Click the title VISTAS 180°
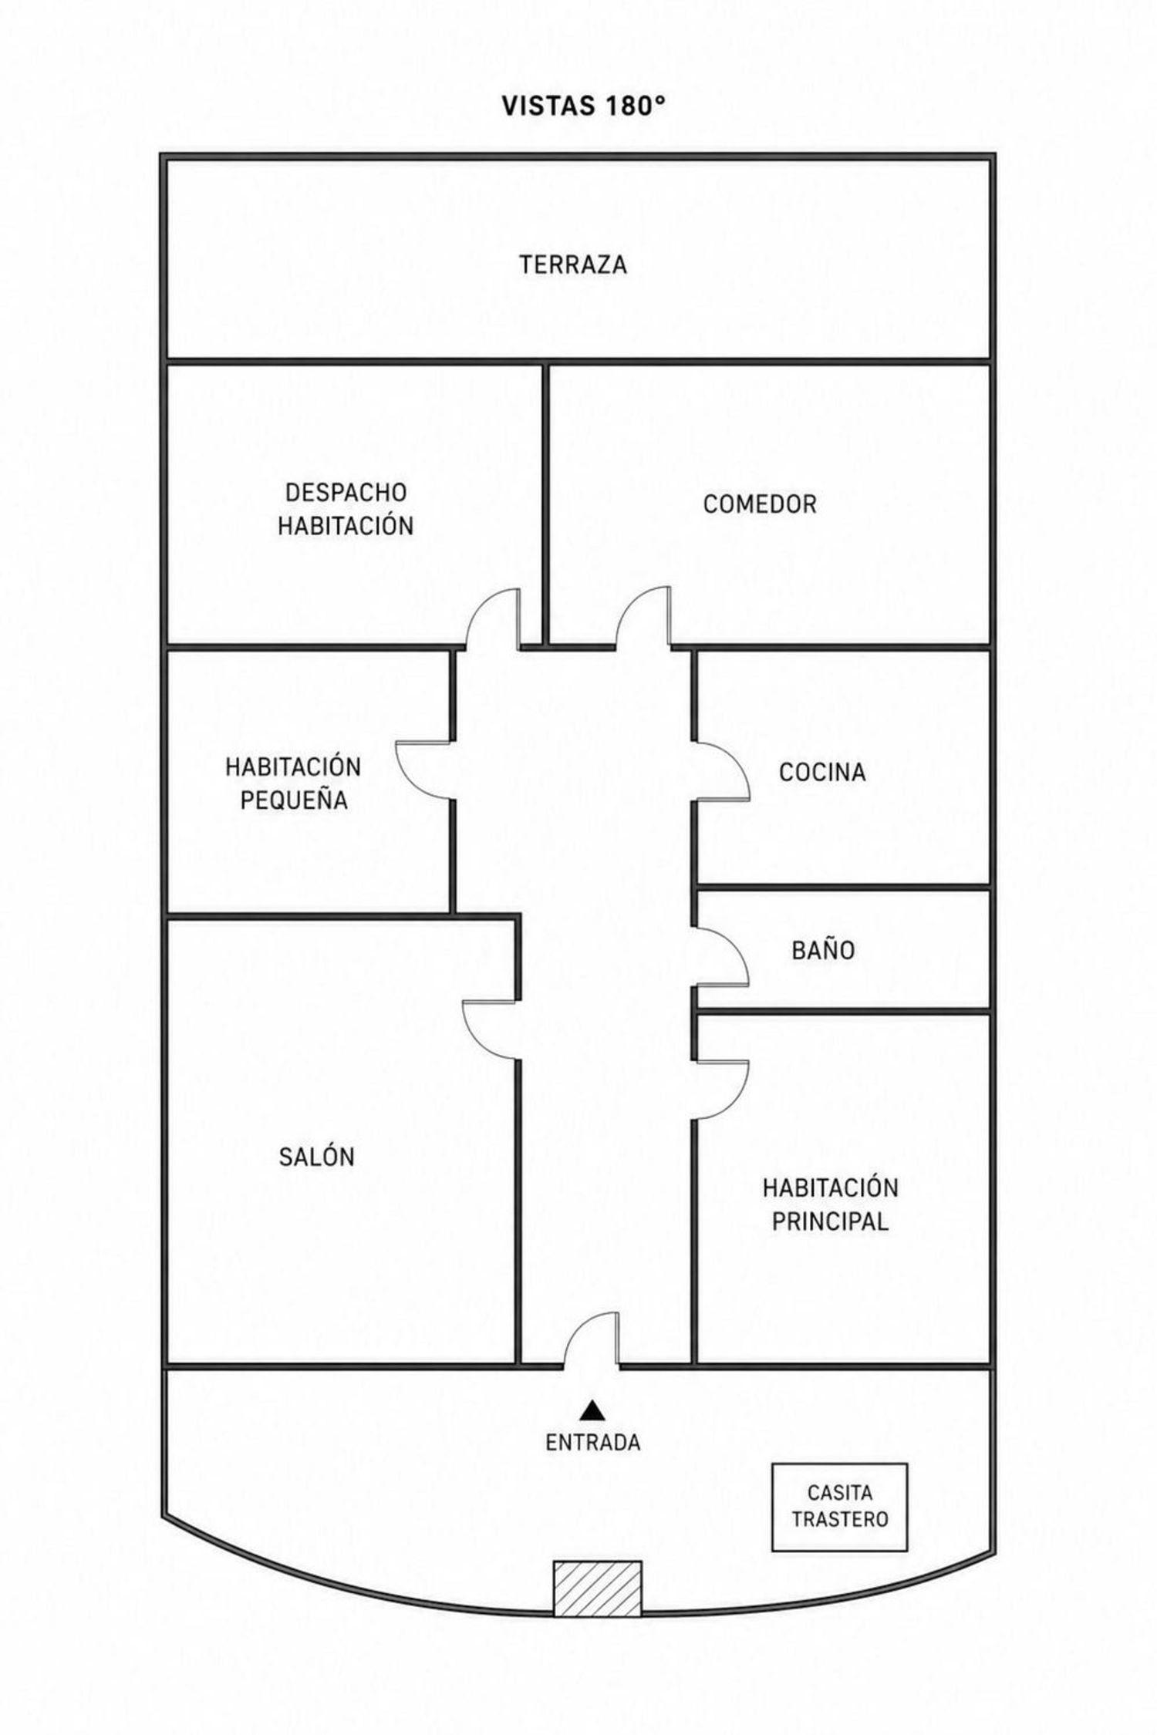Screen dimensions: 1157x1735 pyautogui.click(x=583, y=106)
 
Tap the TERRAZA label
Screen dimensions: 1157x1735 pyautogui.click(x=573, y=264)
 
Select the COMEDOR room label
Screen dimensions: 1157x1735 pyautogui.click(x=760, y=504)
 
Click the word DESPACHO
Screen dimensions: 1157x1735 pyautogui.click(x=346, y=492)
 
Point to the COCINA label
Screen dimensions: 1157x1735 pyautogui.click(x=822, y=772)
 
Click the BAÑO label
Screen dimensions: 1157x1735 pyautogui.click(x=823, y=950)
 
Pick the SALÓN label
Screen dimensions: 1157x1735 pyautogui.click(x=317, y=1157)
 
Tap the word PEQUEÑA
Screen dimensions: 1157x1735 pyautogui.click(x=294, y=800)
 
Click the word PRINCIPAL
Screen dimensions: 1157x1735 pyautogui.click(x=830, y=1221)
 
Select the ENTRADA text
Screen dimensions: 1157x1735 pyautogui.click(x=592, y=1442)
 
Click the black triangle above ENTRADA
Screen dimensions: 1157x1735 pyautogui.click(x=592, y=1410)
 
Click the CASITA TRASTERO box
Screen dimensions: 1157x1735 pyautogui.click(x=839, y=1507)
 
